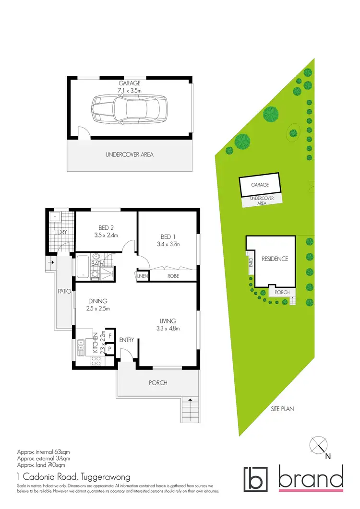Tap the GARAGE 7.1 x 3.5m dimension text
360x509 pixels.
(x=129, y=90)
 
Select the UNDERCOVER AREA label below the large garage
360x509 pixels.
(x=129, y=155)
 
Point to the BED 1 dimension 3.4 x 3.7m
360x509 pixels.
(x=168, y=244)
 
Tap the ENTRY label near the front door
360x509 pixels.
(x=126, y=340)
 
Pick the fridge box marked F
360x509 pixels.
(x=110, y=336)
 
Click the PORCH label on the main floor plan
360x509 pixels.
(x=158, y=383)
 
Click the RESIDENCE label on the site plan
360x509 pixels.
(x=275, y=259)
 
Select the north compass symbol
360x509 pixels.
(x=319, y=445)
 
